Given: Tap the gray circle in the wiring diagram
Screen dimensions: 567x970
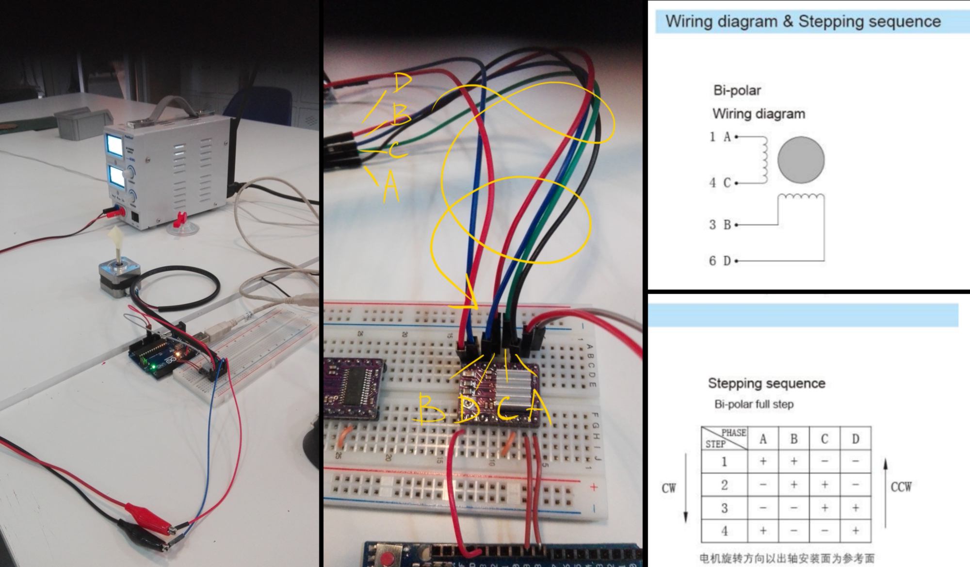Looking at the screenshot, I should coord(801,160).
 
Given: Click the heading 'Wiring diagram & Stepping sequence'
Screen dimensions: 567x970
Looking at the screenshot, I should coord(803,21).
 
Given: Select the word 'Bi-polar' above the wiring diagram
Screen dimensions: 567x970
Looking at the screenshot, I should coord(737,90).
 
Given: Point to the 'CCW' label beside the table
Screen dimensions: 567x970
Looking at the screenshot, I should coord(901,486).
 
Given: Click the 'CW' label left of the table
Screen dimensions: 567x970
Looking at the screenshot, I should coord(668,488).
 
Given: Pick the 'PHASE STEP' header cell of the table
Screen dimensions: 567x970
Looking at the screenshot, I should coord(724,438).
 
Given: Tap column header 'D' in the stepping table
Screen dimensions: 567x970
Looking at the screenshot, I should coord(855,439).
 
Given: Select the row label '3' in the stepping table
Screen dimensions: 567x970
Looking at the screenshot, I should coord(724,508).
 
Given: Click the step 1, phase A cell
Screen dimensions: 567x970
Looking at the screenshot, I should coord(763,461).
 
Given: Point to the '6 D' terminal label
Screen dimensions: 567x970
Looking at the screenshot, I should coord(720,261).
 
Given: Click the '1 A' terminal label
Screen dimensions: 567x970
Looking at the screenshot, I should coord(720,137).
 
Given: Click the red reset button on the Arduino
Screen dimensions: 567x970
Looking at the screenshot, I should coord(388,557).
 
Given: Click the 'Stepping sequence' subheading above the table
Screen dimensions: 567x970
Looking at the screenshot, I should coord(766,383).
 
